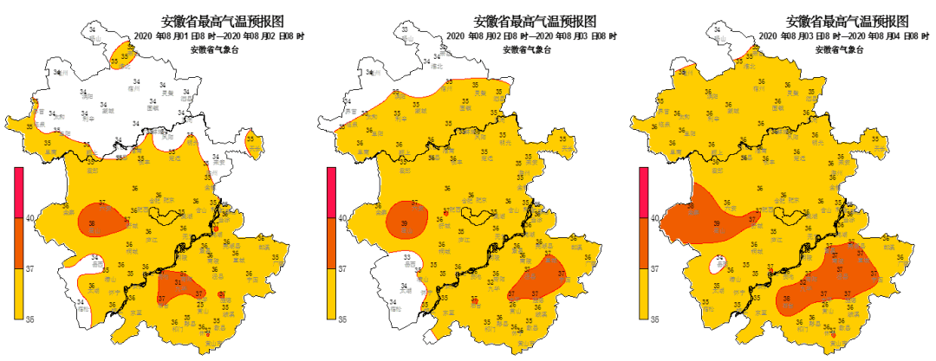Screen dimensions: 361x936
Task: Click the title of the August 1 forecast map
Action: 223,21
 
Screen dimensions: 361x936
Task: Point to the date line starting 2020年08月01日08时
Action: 220,36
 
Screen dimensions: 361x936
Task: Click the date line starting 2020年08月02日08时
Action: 532,36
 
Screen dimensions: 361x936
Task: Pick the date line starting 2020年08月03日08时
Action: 844,36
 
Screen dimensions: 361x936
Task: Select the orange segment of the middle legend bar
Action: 330,242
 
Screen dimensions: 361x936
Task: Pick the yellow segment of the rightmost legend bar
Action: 643,294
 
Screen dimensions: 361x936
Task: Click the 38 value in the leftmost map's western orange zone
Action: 91,222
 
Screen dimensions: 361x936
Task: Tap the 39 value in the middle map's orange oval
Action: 405,224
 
